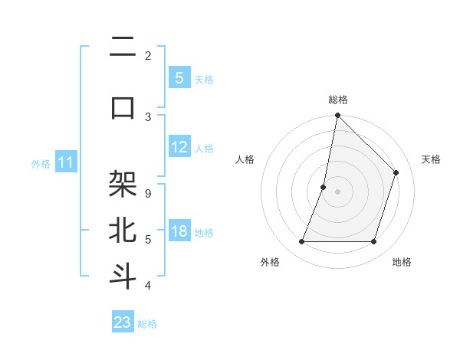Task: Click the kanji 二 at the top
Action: pos(123,48)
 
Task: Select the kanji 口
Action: pos(123,107)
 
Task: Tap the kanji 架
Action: pos(123,185)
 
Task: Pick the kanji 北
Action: pos(123,230)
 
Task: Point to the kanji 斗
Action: pos(123,276)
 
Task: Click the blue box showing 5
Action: pos(179,77)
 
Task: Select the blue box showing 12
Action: pos(179,147)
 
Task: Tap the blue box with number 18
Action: pos(179,231)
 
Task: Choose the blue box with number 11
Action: pos(66,162)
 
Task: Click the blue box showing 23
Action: pos(123,322)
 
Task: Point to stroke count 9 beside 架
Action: pos(147,193)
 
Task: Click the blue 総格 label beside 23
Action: pos(147,324)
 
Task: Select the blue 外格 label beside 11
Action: pos(41,163)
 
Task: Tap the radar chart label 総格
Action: pos(337,100)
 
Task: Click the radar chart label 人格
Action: pos(245,159)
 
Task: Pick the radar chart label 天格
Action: pos(431,159)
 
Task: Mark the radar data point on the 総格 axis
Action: pos(337,115)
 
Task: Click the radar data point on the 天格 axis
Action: pos(396,172)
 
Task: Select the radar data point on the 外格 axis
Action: pos(301,242)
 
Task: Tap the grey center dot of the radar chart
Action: pos(337,191)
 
